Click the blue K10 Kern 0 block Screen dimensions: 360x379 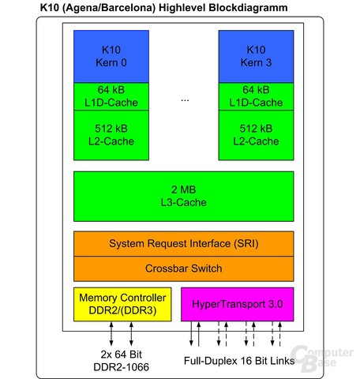[111, 56]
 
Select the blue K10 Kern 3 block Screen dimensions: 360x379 [256, 56]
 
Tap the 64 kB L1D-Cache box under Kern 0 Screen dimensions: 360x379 [111, 96]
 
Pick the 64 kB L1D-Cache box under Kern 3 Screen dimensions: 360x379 [256, 96]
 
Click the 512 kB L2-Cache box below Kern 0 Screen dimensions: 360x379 [111, 135]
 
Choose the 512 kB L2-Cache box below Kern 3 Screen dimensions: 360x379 [256, 135]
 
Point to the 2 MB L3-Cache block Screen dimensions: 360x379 [184, 197]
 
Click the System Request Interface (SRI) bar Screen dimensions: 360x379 [184, 244]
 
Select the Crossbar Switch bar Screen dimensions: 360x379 [184, 268]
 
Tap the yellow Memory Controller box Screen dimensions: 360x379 [122, 304]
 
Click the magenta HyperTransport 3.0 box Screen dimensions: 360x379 [238, 304]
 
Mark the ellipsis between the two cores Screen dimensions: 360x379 [185, 100]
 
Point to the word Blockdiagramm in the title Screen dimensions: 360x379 [248, 8]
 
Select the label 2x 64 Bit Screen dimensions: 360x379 [121, 355]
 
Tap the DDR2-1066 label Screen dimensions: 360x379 [121, 367]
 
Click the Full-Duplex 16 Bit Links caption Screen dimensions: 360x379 [239, 361]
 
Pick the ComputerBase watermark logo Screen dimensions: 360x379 [322, 358]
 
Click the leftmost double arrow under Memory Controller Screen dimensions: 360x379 [111, 334]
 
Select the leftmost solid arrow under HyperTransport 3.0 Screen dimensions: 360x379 [191, 334]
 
